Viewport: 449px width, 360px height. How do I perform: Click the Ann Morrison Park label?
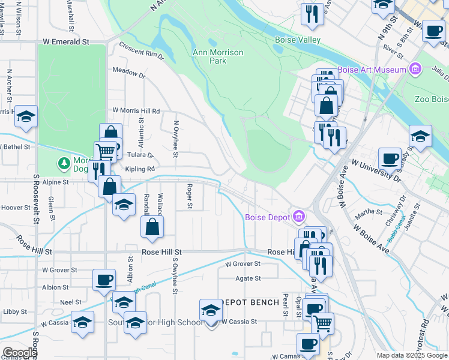218,56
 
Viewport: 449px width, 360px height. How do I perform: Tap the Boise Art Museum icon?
414,70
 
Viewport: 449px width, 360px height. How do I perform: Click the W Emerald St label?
66,42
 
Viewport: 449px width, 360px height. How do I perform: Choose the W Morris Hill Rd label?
136,111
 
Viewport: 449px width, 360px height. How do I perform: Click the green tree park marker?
64,163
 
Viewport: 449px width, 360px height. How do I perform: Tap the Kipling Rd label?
140,169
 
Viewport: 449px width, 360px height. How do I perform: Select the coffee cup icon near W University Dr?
390,158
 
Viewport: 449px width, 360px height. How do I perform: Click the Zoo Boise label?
432,99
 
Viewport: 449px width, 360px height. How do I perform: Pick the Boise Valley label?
298,40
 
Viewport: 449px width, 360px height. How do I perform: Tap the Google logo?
20,353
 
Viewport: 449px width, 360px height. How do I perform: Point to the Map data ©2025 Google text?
412,355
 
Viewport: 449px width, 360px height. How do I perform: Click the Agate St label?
248,278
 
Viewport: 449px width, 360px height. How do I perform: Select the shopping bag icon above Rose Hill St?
153,227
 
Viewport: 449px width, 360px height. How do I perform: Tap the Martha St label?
369,212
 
